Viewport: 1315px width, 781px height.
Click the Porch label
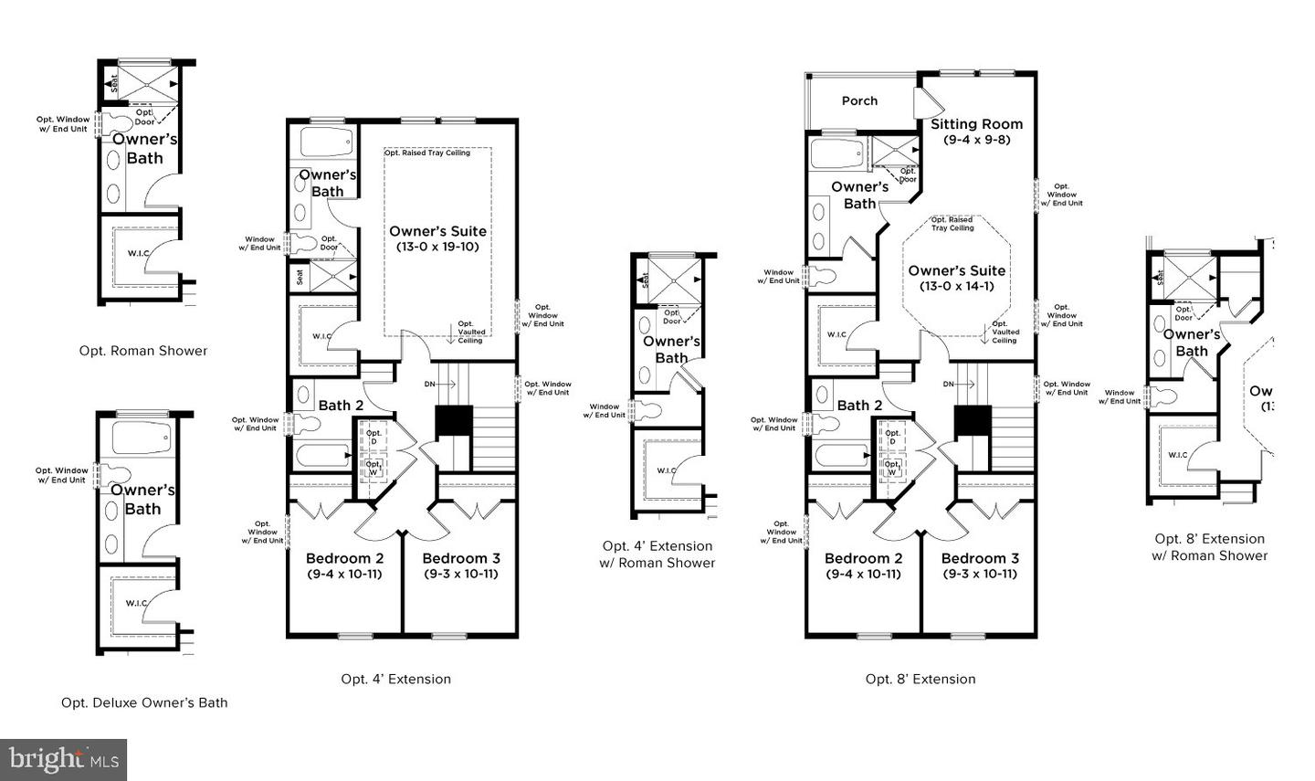click(x=859, y=100)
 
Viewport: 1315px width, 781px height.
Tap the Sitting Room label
click(x=976, y=124)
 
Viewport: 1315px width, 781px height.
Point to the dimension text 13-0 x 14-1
click(x=956, y=286)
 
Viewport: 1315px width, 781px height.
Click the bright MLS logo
click(x=64, y=759)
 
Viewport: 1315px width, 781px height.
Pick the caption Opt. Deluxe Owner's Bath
click(x=144, y=702)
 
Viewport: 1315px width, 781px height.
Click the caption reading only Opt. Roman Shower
click(x=143, y=351)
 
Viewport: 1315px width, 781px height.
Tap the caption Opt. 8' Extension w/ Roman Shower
click(x=1209, y=547)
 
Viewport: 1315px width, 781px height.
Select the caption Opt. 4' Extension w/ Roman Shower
click(x=657, y=554)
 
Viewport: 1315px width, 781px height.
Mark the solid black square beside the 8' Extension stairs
click(x=972, y=421)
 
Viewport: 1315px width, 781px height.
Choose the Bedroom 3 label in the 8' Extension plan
click(x=979, y=558)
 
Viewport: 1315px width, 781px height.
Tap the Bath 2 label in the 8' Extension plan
click(x=859, y=406)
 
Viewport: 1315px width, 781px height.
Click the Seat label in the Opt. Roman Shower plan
click(x=114, y=83)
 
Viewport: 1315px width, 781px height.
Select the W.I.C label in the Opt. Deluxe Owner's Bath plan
click(x=137, y=603)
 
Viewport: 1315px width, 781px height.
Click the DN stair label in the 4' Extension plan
click(x=430, y=385)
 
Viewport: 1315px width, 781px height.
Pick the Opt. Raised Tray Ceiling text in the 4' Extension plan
click(x=426, y=153)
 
